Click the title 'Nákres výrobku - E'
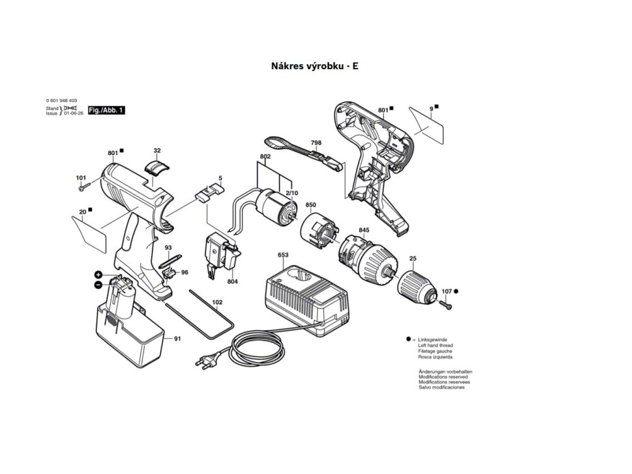point(315,65)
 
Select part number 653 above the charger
point(283,255)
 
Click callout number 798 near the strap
point(316,143)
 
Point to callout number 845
point(364,230)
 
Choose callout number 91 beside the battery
point(177,338)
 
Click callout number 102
point(217,302)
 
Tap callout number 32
point(157,151)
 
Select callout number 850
point(310,205)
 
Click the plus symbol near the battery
point(98,274)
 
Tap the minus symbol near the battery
point(98,285)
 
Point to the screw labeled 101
point(85,185)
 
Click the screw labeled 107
point(446,302)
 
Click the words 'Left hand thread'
point(435,346)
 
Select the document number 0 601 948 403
point(62,101)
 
